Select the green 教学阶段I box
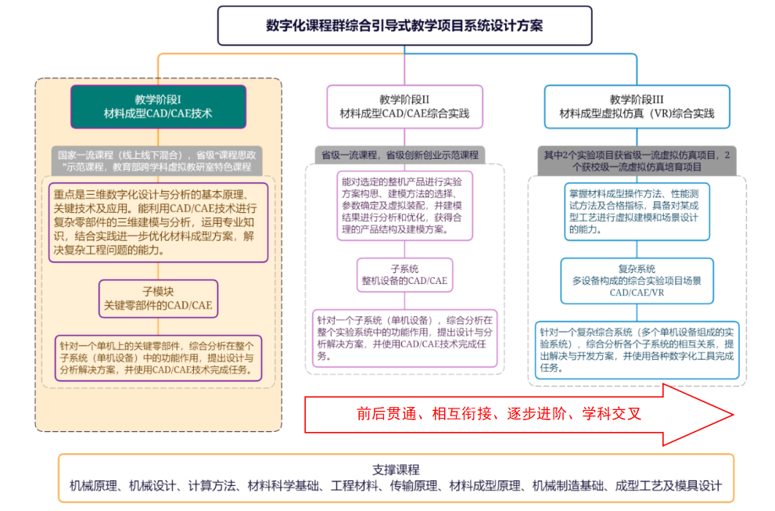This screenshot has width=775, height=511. click(158, 106)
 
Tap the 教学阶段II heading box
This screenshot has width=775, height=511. click(404, 106)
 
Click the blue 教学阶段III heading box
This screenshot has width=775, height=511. click(637, 106)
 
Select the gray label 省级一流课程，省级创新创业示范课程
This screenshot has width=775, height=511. click(400, 155)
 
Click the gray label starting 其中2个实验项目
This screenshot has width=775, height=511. click(637, 160)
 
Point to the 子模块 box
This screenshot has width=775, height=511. click(158, 298)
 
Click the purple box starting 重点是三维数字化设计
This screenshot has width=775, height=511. click(158, 222)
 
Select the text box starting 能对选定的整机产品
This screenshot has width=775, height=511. click(404, 203)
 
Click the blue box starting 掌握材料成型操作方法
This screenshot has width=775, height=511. click(637, 211)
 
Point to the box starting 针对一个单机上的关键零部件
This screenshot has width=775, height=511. click(158, 358)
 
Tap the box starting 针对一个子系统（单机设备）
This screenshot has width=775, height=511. click(404, 337)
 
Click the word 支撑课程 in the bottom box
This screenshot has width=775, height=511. click(396, 470)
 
